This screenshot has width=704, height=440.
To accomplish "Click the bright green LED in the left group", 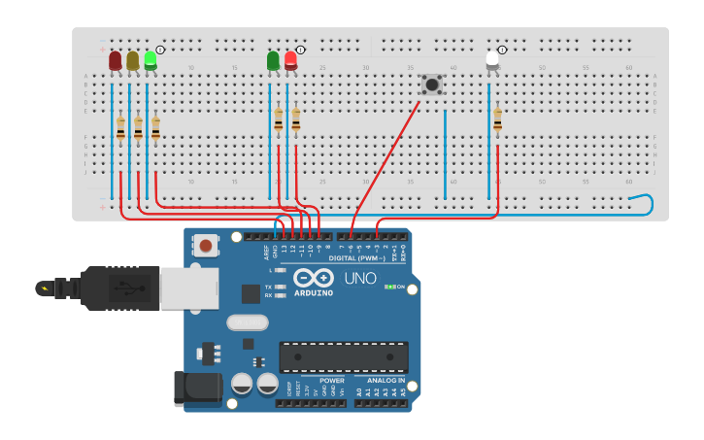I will [x=151, y=60].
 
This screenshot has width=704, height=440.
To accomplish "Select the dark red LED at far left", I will [x=116, y=61].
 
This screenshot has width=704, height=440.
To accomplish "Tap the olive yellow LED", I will [x=133, y=61].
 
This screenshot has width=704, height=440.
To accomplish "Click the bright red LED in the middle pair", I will [x=290, y=61].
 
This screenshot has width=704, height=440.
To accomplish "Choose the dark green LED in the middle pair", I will [x=273, y=61].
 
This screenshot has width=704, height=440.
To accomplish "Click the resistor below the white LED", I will [x=497, y=118].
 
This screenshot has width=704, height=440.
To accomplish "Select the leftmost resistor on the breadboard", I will [x=120, y=127].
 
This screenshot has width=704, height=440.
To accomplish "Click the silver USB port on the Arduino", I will [x=189, y=288].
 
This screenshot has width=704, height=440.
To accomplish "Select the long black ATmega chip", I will [x=344, y=356].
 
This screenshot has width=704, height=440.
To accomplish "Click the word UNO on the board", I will [x=359, y=279].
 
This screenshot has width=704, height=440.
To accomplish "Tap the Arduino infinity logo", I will [x=313, y=278].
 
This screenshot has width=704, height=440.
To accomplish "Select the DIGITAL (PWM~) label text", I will [x=356, y=258].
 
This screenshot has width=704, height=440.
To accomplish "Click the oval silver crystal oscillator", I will [x=247, y=322].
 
